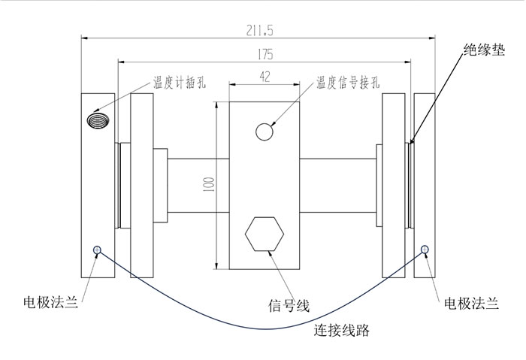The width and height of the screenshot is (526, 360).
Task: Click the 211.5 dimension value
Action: click(258, 29)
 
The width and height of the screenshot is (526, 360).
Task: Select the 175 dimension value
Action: click(264, 54)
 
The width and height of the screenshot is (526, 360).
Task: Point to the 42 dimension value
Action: click(265, 76)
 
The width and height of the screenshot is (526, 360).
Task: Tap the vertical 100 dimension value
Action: click(208, 185)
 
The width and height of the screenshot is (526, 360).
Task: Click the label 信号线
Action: click(289, 304)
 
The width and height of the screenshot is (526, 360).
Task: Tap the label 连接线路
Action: click(343, 329)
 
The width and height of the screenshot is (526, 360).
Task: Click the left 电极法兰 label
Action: click(50, 304)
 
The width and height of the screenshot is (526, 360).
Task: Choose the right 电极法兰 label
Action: click(471, 304)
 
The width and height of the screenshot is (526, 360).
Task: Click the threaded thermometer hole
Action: click(98, 119)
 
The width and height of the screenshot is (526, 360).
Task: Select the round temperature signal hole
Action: click(265, 132)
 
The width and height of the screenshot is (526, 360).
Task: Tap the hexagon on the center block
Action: click(265, 235)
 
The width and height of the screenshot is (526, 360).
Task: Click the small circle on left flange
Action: click(96, 250)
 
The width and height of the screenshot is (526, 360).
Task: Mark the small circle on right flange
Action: click(425, 250)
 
